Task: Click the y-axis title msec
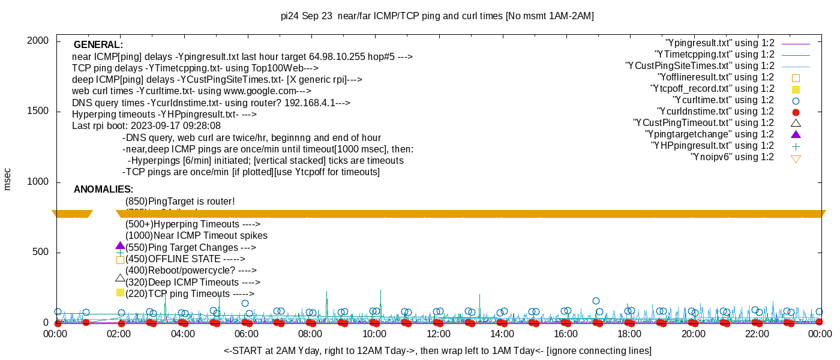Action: [x=7, y=179]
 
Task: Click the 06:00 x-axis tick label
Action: [x=247, y=334]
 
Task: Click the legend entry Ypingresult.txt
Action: [x=719, y=43]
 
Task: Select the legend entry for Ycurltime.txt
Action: [x=724, y=100]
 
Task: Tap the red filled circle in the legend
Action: [x=796, y=112]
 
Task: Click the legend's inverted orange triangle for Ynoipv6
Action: [x=796, y=158]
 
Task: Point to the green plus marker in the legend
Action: [x=796, y=146]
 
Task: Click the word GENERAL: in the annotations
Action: [x=98, y=45]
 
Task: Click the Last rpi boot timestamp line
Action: [x=146, y=126]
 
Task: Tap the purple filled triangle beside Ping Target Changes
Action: [x=120, y=246]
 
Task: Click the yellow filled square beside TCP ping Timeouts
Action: [x=120, y=293]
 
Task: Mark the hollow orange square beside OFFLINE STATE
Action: [x=120, y=260]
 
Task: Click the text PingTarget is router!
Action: [x=180, y=202]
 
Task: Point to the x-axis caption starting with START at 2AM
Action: [x=437, y=350]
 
